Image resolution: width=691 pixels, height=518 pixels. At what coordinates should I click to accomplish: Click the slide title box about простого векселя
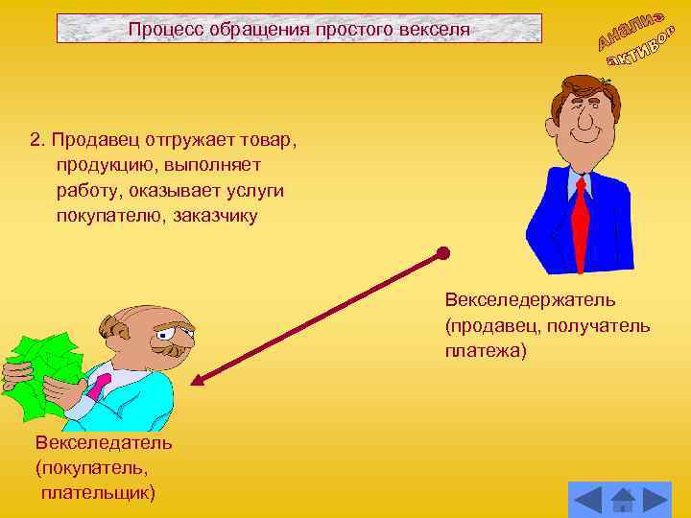click(x=299, y=29)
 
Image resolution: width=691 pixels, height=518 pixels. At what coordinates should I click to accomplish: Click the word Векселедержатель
click(x=530, y=301)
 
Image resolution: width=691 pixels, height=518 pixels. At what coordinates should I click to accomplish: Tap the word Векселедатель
click(x=104, y=443)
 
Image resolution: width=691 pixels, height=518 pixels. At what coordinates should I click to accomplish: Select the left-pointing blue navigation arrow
click(x=587, y=499)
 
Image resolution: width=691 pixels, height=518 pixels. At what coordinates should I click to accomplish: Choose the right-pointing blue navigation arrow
click(x=655, y=499)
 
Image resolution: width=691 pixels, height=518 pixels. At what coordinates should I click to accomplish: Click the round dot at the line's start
click(x=442, y=254)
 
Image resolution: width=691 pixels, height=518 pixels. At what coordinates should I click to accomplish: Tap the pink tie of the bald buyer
click(x=100, y=386)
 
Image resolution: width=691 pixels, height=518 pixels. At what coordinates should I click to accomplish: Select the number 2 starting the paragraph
click(x=36, y=140)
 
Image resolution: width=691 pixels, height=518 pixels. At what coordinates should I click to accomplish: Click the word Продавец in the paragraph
click(x=93, y=140)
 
